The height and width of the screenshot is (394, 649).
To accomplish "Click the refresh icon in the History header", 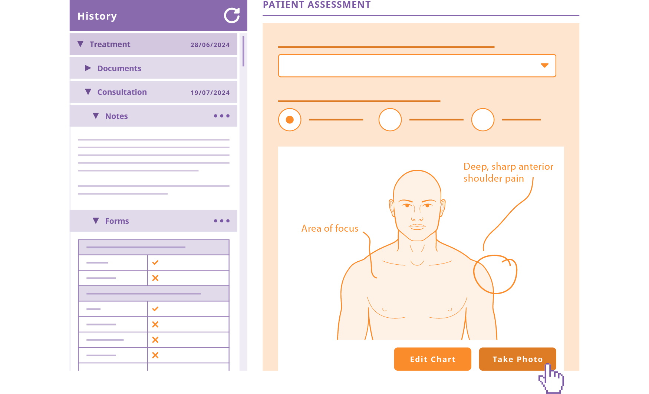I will point(232,16).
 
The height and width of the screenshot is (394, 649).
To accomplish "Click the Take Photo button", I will point(517,359).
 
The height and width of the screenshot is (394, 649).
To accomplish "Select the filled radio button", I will point(290,120).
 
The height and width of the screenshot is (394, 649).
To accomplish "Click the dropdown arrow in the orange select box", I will point(544,66).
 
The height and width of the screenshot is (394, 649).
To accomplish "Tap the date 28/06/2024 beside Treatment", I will point(210,45).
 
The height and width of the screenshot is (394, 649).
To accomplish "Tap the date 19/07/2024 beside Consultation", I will point(210,93).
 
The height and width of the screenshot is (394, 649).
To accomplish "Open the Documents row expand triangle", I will point(88,68).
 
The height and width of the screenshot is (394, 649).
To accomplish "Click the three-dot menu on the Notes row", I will point(221,116).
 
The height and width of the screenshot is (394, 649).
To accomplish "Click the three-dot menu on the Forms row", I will point(221,221).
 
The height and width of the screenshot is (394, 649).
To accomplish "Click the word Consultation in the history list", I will point(122,92).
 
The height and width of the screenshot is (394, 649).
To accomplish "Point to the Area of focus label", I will point(330,228).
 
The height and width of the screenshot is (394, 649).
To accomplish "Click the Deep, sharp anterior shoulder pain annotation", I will point(508,172).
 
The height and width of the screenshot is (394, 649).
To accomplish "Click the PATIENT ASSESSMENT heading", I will point(316,5).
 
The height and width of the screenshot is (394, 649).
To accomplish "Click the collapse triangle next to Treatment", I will point(80,44).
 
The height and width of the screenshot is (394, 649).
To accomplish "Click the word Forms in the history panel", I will point(117,221).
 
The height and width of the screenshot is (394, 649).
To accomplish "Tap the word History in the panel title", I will point(97,16).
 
